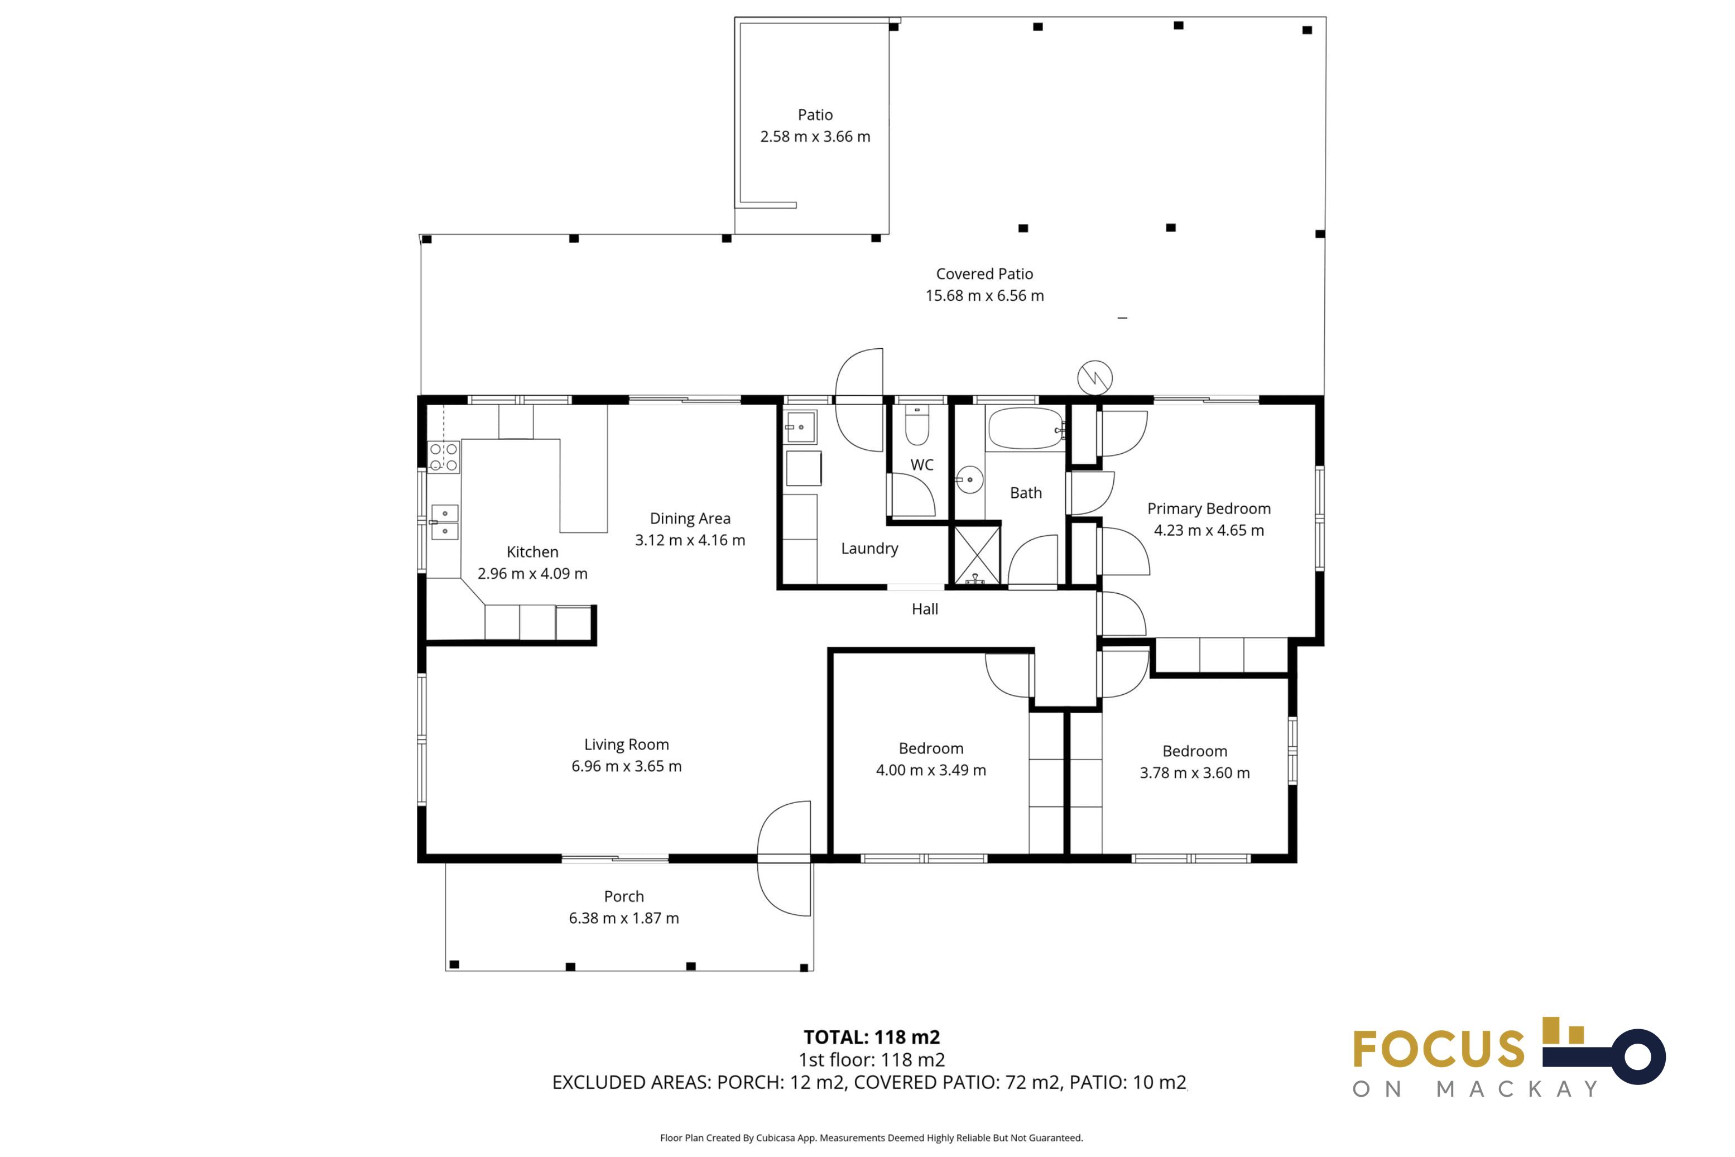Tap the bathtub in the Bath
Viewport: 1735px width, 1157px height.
pyautogui.click(x=1026, y=429)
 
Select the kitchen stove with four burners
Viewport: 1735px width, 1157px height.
pyautogui.click(x=443, y=457)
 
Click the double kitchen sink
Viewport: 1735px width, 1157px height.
pyautogui.click(x=445, y=522)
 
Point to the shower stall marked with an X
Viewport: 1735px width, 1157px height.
pyautogui.click(x=977, y=555)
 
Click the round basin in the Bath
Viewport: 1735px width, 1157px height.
pyautogui.click(x=969, y=479)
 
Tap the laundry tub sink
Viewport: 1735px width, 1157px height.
pyautogui.click(x=800, y=426)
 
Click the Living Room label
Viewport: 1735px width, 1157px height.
pyautogui.click(x=626, y=745)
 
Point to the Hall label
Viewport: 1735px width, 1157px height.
pyautogui.click(x=925, y=609)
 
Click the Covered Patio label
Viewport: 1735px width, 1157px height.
pyautogui.click(x=985, y=273)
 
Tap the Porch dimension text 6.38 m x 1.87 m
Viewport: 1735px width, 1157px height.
pyautogui.click(x=624, y=918)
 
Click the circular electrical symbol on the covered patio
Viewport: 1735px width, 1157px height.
pyautogui.click(x=1095, y=378)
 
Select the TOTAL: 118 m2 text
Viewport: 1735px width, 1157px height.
pyautogui.click(x=872, y=1037)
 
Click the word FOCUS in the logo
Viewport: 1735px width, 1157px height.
pyautogui.click(x=1439, y=1049)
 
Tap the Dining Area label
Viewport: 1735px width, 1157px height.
pyautogui.click(x=690, y=519)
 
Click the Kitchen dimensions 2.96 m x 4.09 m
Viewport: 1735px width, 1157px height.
pyautogui.click(x=532, y=573)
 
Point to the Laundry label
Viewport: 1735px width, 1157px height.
pyautogui.click(x=869, y=548)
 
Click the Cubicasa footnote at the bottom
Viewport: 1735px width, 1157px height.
pyautogui.click(x=872, y=1138)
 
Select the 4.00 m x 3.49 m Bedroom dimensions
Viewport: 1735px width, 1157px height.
pyautogui.click(x=931, y=770)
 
